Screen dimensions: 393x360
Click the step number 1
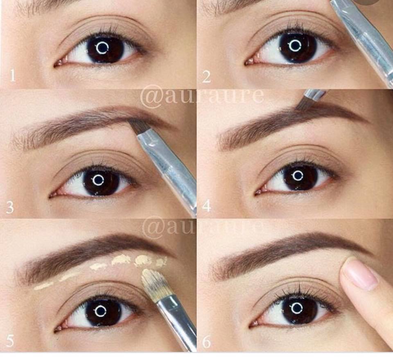pyautogui.click(x=13, y=76)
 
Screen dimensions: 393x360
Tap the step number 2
pyautogui.click(x=206, y=76)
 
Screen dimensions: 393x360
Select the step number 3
pyautogui.click(x=10, y=207)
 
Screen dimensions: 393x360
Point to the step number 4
pyautogui.click(x=206, y=206)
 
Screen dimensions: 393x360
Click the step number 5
pyautogui.click(x=10, y=340)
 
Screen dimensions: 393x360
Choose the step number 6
pyautogui.click(x=206, y=342)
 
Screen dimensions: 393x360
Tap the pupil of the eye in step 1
pyautogui.click(x=102, y=47)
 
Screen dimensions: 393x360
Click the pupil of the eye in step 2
pyautogui.click(x=295, y=45)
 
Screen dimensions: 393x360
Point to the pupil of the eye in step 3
pyautogui.click(x=98, y=180)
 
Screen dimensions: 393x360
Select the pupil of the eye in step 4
pyautogui.click(x=298, y=175)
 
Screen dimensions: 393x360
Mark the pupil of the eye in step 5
pyautogui.click(x=100, y=311)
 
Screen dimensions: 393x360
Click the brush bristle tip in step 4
pyautogui.click(x=301, y=106)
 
